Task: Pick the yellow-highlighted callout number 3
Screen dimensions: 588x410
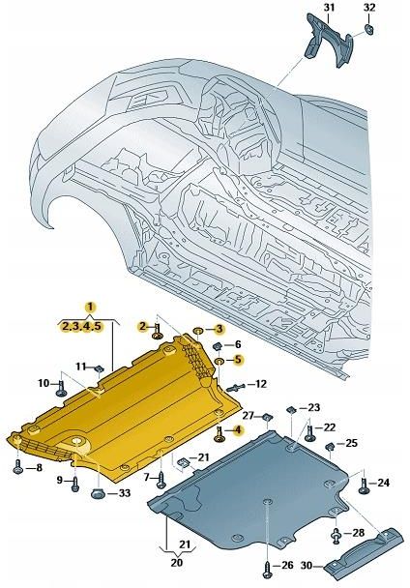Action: click(x=219, y=330)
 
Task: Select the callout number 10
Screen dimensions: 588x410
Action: click(x=43, y=383)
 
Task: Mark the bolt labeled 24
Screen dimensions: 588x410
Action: click(x=363, y=481)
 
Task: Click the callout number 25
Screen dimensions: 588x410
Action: click(x=352, y=444)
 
